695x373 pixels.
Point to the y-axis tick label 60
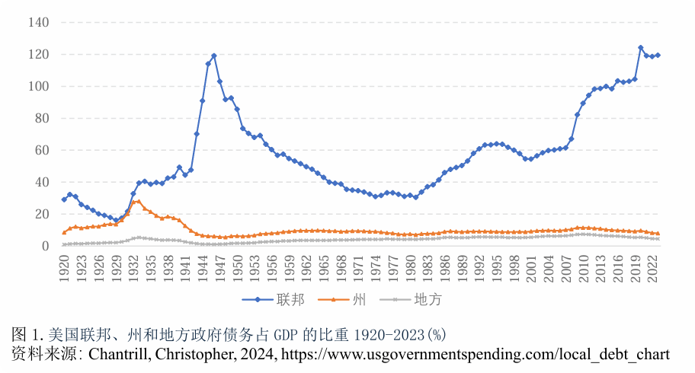(x=41, y=151)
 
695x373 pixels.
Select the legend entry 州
(x=360, y=300)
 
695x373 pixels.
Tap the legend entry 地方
(x=428, y=300)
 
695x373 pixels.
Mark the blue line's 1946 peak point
(x=214, y=56)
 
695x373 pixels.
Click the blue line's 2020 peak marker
(x=641, y=48)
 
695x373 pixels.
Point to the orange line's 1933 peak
(x=139, y=202)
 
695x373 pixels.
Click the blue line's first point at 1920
(x=64, y=199)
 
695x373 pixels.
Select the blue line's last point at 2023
(x=658, y=55)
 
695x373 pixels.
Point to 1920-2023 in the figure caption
(x=389, y=335)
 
